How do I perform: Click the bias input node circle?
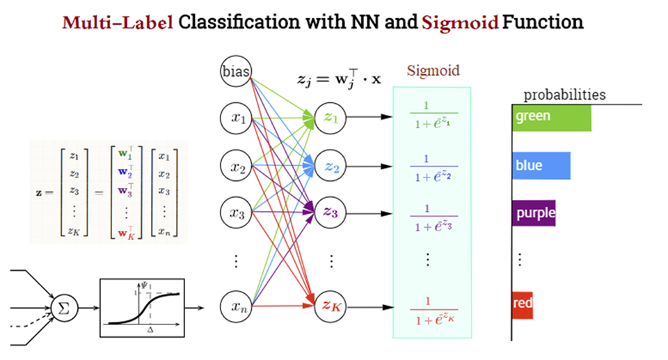pos(237,72)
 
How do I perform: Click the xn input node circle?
pos(237,305)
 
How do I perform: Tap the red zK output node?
pos(331,305)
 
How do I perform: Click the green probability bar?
pos(551,117)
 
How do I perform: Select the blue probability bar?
pos(541,166)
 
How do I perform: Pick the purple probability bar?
pos(534,212)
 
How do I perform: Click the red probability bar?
pos(522,305)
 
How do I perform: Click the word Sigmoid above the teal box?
pos(433,71)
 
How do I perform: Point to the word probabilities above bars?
pos(564,95)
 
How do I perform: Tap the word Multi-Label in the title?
pos(117,22)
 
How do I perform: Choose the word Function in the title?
pos(543,22)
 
